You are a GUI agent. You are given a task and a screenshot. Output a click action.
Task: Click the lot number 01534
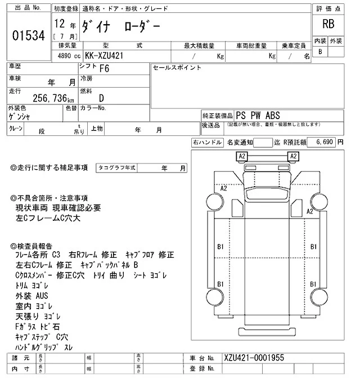click(28, 35)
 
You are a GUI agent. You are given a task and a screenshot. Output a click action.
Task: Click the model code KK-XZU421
click(105, 56)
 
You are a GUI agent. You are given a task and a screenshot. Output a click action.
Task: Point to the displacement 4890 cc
click(66, 56)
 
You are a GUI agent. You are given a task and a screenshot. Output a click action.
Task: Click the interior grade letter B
click(320, 52)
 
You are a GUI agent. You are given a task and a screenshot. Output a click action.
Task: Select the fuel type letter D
click(101, 98)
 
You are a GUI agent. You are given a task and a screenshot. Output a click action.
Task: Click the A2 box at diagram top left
click(242, 156)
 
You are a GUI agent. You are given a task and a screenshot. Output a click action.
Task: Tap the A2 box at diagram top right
click(293, 156)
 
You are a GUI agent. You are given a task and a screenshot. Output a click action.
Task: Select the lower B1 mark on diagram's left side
click(221, 284)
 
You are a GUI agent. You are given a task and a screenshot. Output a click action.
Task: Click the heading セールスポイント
click(177, 67)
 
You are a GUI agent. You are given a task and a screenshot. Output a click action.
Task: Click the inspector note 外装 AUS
click(33, 295)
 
